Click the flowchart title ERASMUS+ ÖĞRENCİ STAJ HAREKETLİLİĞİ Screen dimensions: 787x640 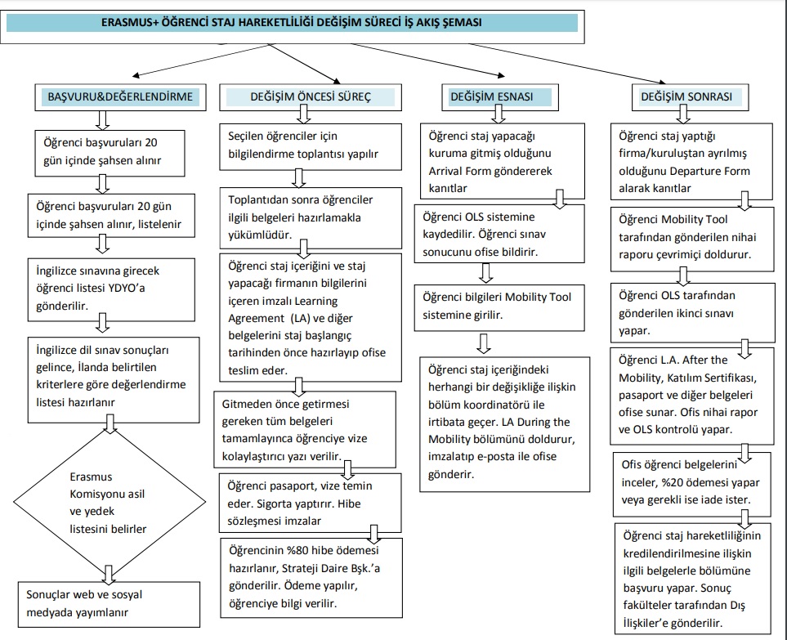click(291, 23)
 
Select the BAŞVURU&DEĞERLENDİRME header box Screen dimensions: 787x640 click(120, 97)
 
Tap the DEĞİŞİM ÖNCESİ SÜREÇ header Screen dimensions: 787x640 click(311, 97)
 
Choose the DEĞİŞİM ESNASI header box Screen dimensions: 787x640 click(500, 97)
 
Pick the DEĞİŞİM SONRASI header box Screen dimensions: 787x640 click(691, 97)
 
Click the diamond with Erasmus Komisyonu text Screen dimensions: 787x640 click(110, 502)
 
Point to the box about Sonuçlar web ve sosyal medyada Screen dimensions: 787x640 click(109, 604)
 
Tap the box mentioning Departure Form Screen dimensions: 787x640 click(691, 161)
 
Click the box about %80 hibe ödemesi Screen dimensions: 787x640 click(311, 578)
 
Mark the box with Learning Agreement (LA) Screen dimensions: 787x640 click(311, 318)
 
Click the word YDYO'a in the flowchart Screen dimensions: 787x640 click(126, 289)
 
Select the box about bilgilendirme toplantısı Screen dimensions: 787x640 click(311, 146)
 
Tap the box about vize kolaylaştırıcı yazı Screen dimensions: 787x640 click(305, 430)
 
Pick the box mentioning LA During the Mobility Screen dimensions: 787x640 click(505, 424)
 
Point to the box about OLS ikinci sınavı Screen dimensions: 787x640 click(693, 313)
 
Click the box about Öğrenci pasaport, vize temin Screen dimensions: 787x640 click(311, 503)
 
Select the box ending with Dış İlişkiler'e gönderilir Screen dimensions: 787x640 click(693, 579)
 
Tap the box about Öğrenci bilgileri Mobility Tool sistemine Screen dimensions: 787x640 click(499, 307)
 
